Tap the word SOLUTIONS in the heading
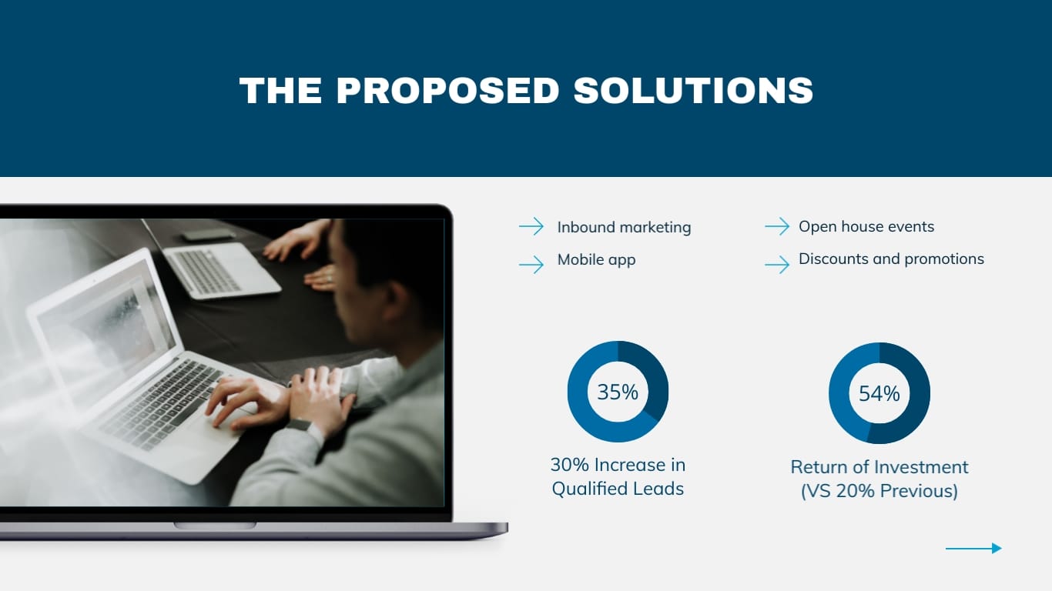coord(693,91)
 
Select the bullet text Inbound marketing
coord(624,227)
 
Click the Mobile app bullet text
coord(596,259)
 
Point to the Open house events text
coord(866,226)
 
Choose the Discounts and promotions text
coord(891,259)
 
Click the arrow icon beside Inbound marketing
coord(531,226)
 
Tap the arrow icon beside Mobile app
coord(531,265)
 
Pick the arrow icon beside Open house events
coord(777,226)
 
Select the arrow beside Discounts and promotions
coord(777,265)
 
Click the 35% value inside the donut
coord(618,392)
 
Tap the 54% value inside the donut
coord(879,393)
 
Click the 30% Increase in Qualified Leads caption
coord(618,476)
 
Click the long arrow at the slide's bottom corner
coord(973,548)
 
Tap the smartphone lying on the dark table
coord(208,234)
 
